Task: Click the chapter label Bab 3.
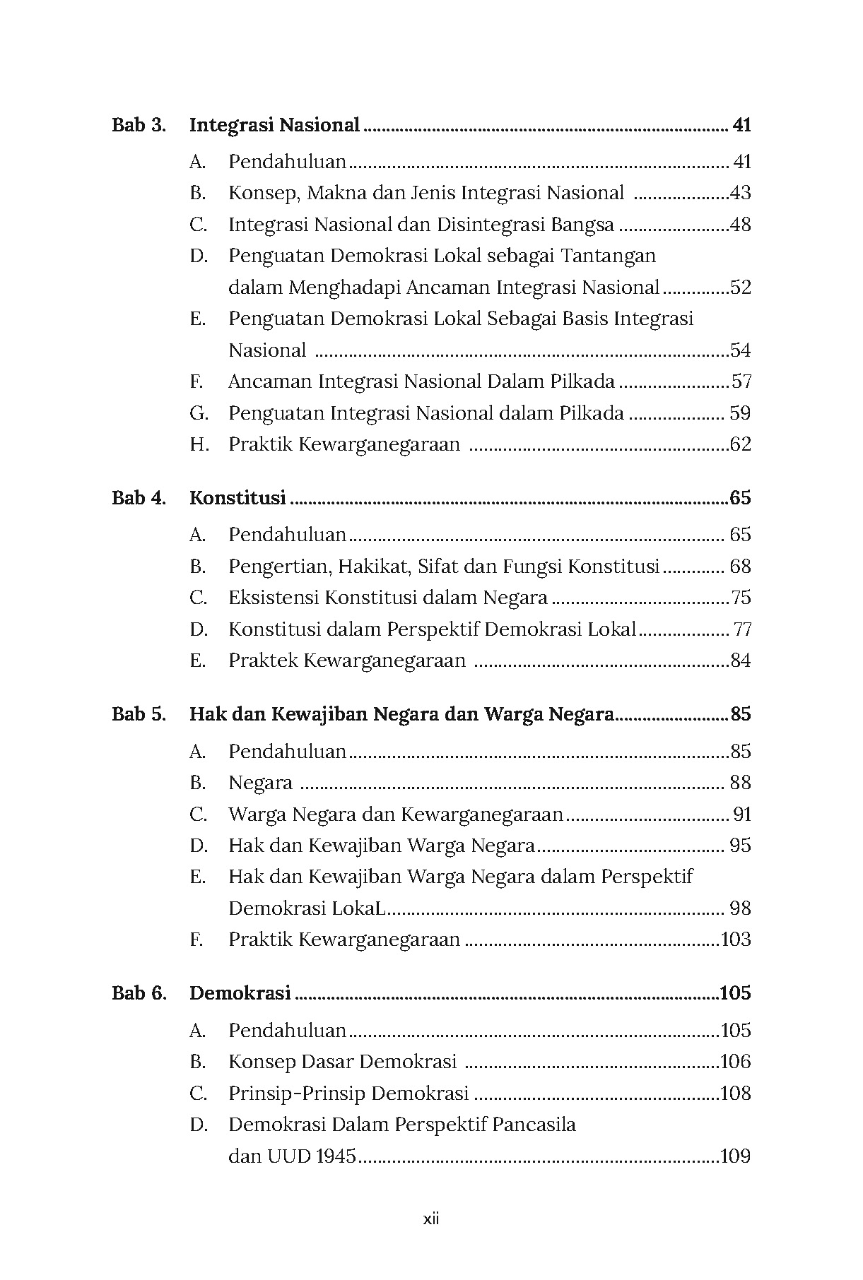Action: (x=139, y=126)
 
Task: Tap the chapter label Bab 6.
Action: (x=139, y=992)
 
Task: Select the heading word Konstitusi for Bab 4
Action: (x=237, y=498)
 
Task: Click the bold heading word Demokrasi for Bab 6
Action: (x=240, y=992)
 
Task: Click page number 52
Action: (x=741, y=288)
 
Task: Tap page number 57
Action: (x=741, y=381)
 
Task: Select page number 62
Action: (x=741, y=444)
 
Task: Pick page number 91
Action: (x=742, y=814)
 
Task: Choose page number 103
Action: (x=736, y=940)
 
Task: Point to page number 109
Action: (x=736, y=1156)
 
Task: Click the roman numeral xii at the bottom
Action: (x=431, y=1219)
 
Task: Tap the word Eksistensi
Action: (x=274, y=598)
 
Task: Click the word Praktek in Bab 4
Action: (x=263, y=660)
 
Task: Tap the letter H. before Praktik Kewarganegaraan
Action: (x=199, y=444)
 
